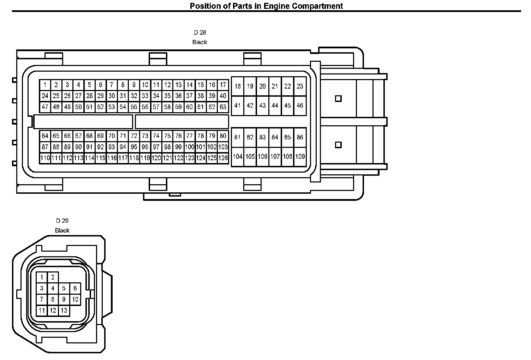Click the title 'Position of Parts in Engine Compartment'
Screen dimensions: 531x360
pyautogui.click(x=266, y=6)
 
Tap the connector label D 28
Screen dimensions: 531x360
pyautogui.click(x=199, y=32)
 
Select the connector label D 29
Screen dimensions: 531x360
pyautogui.click(x=62, y=221)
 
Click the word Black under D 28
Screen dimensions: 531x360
pyautogui.click(x=199, y=42)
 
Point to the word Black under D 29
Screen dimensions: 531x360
pyautogui.click(x=62, y=230)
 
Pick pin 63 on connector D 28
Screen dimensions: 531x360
pyautogui.click(x=223, y=107)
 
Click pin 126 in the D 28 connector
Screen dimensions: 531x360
pyautogui.click(x=223, y=158)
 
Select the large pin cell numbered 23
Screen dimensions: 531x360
pyautogui.click(x=300, y=86)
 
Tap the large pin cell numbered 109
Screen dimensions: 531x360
pyautogui.click(x=300, y=156)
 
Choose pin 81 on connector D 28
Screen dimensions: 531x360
pyautogui.click(x=237, y=137)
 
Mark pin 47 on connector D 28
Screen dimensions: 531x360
pyautogui.click(x=45, y=107)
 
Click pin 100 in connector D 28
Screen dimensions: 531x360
pyautogui.click(x=190, y=147)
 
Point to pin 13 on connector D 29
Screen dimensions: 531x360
pyautogui.click(x=64, y=311)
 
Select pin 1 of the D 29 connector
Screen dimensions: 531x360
pyautogui.click(x=42, y=277)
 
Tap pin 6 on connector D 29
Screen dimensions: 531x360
pyautogui.click(x=75, y=288)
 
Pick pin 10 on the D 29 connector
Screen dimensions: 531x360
pyautogui.click(x=75, y=300)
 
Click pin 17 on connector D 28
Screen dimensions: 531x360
pyautogui.click(x=223, y=85)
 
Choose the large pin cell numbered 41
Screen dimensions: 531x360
pyautogui.click(x=237, y=105)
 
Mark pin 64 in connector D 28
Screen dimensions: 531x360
pyautogui.click(x=45, y=136)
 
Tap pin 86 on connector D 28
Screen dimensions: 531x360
pyautogui.click(x=300, y=137)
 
